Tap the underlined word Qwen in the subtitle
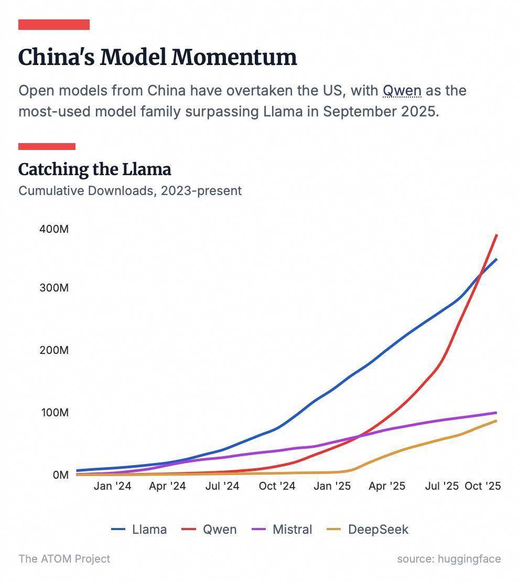[x=402, y=91]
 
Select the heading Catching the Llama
[x=94, y=169]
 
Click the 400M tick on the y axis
[x=54, y=229]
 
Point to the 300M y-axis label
[x=54, y=288]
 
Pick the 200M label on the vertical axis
[x=54, y=350]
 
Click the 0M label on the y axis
[x=60, y=475]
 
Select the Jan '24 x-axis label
[x=112, y=486]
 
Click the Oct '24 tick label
[x=277, y=486]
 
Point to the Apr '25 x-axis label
[x=387, y=486]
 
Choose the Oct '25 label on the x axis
[x=483, y=486]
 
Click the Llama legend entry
[x=149, y=530]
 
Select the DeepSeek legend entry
[x=378, y=530]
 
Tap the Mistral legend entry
[x=292, y=530]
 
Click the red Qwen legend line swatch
[x=189, y=530]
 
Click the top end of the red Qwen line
[x=496, y=235]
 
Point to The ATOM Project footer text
[x=64, y=559]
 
